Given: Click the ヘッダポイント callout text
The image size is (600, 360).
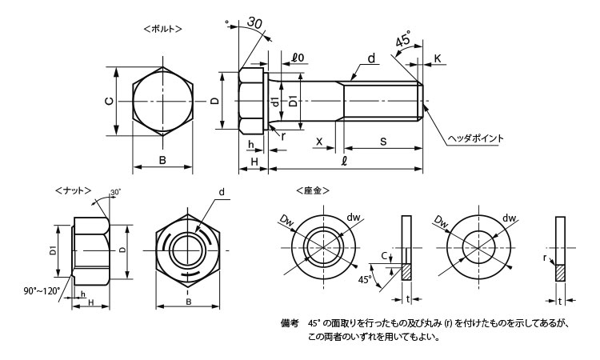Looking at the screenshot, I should (x=475, y=138).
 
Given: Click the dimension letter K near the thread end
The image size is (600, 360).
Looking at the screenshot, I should (x=439, y=58).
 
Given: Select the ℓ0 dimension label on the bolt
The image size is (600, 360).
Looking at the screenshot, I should (x=298, y=57).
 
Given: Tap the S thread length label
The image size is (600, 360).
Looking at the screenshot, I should (x=383, y=142).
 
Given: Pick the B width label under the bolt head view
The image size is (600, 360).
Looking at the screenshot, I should (x=162, y=161).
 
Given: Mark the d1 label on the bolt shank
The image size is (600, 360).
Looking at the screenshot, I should (x=274, y=102).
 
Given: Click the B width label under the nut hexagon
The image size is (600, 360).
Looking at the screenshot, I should (x=189, y=302).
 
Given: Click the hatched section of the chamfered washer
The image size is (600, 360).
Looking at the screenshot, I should (x=406, y=272).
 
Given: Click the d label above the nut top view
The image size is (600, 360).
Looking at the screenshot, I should (x=222, y=192).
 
